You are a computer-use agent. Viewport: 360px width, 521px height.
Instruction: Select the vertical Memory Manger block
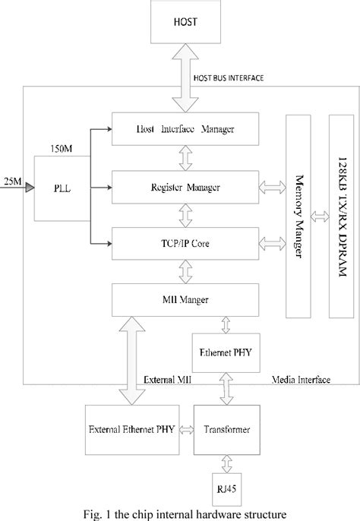298,216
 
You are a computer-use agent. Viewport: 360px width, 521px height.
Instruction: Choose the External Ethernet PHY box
131,428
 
